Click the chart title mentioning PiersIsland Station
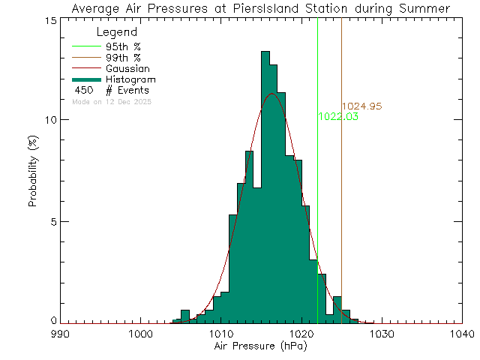(x=259, y=8)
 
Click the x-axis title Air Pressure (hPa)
(x=259, y=348)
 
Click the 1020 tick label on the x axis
(x=301, y=334)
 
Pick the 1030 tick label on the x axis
(x=381, y=334)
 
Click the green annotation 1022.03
(x=338, y=117)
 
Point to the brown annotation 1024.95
(x=361, y=106)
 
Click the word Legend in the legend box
(x=118, y=33)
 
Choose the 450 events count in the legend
(x=83, y=90)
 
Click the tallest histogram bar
(x=265, y=187)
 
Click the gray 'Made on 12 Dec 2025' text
(x=112, y=100)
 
